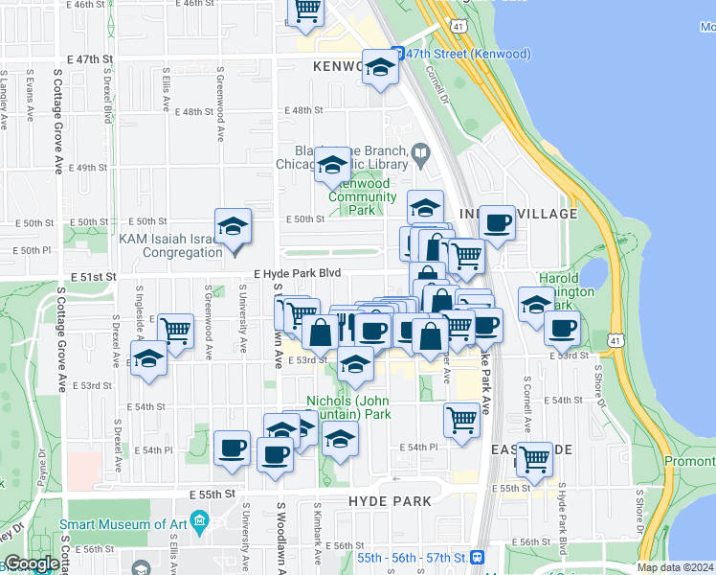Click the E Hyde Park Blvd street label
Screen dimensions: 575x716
tap(297, 273)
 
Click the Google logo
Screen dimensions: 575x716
tap(32, 564)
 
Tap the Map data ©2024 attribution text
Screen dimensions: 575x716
tap(675, 567)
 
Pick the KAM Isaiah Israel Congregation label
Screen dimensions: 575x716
tap(168, 246)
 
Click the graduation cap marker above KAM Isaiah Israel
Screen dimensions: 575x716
tap(233, 226)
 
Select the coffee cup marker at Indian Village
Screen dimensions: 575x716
tap(497, 223)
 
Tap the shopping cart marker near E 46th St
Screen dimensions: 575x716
tap(306, 10)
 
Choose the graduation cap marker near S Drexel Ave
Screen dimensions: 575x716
tap(147, 359)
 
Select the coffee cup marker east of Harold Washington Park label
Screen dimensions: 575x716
tap(562, 328)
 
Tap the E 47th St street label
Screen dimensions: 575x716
tap(83, 59)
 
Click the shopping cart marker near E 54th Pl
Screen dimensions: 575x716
tap(462, 419)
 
